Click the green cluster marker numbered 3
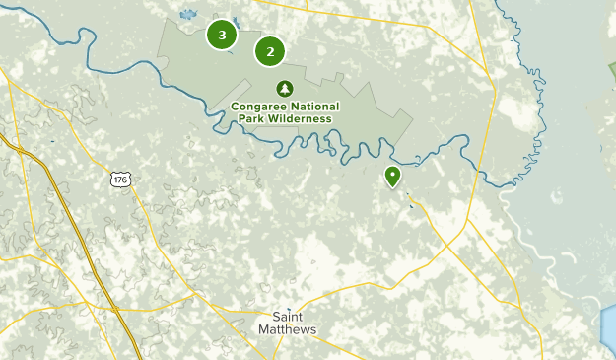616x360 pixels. pyautogui.click(x=222, y=36)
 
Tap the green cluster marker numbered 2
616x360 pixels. pyautogui.click(x=270, y=51)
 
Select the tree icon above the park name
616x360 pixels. pyautogui.click(x=285, y=88)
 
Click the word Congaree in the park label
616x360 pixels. pyautogui.click(x=262, y=107)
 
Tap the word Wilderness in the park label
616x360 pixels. pyautogui.click(x=301, y=119)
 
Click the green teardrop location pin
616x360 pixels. pyautogui.click(x=392, y=177)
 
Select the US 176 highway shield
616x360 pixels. pyautogui.click(x=119, y=180)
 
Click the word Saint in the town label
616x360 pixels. pyautogui.click(x=294, y=317)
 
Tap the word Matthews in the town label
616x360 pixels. pyautogui.click(x=294, y=329)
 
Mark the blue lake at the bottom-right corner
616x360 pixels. pyautogui.click(x=608, y=330)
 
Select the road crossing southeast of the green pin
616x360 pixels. pyautogui.click(x=413, y=204)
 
